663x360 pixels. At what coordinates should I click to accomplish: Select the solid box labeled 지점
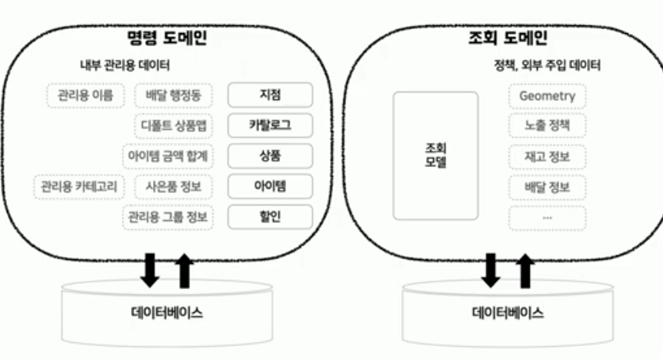(x=270, y=95)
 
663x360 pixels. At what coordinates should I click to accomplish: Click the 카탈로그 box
(x=270, y=125)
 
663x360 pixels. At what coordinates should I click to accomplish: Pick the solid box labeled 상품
(x=270, y=155)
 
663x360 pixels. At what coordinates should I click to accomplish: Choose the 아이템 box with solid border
(x=270, y=186)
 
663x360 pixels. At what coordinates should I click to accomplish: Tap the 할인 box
(x=270, y=217)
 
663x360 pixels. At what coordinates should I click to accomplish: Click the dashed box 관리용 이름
(x=85, y=95)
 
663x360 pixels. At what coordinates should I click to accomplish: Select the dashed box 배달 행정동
(x=173, y=95)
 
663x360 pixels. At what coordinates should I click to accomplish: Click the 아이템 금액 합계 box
(x=168, y=155)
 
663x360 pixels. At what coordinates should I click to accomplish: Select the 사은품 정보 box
(x=173, y=186)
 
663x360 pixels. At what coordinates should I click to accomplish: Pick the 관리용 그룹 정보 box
(x=168, y=217)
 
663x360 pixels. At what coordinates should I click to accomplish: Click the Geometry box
(x=547, y=96)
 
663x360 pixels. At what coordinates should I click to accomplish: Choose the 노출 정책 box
(x=547, y=126)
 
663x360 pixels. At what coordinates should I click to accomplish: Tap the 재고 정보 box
(x=547, y=157)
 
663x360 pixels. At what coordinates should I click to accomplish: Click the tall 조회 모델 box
(x=435, y=155)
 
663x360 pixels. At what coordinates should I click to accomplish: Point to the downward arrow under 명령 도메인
(x=152, y=268)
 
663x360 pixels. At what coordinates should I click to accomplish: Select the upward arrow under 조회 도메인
(x=525, y=271)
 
